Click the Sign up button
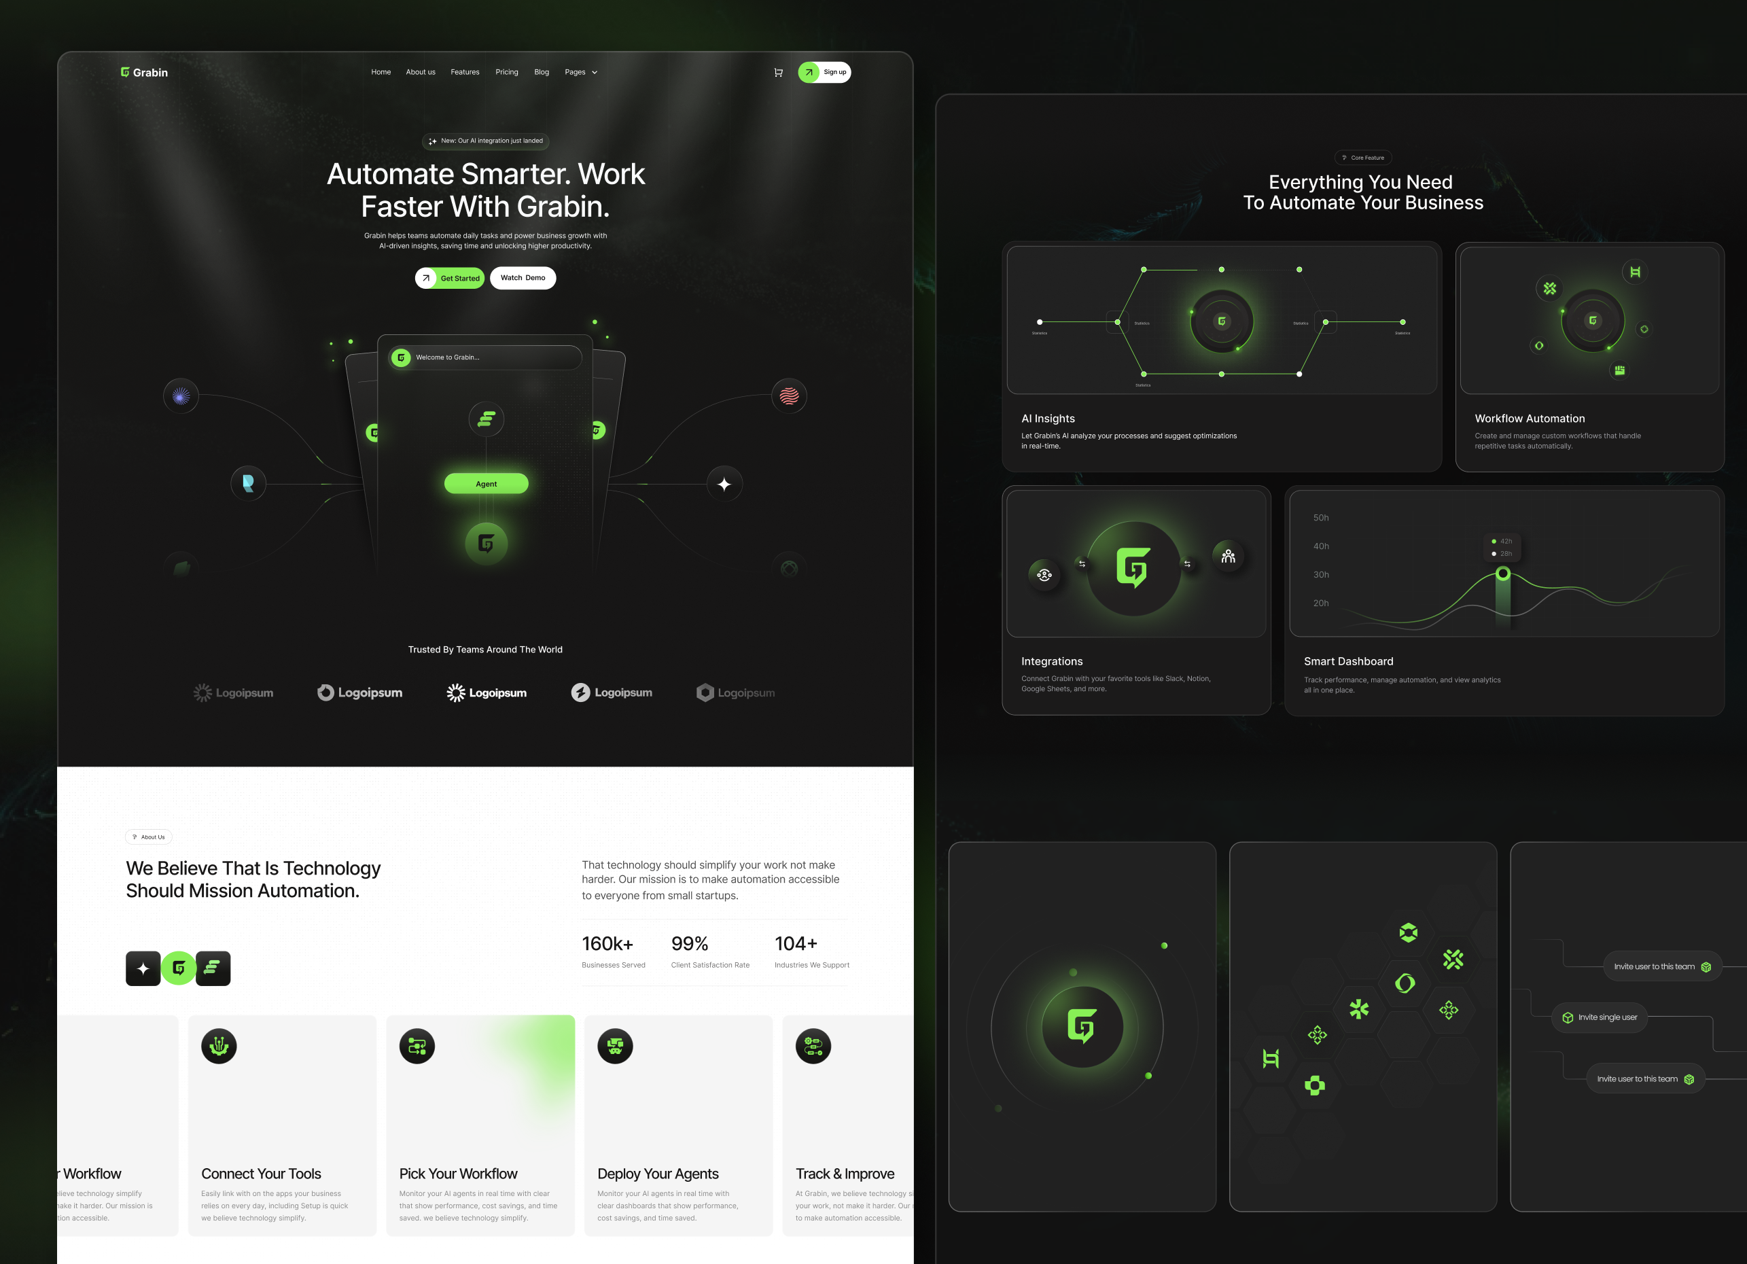coord(824,73)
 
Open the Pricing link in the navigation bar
coord(507,73)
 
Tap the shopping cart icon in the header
coord(778,73)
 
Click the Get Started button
coord(450,278)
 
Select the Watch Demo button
coord(523,278)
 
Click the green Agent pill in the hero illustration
coord(486,484)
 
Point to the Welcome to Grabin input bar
coord(485,357)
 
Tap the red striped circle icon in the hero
coord(789,396)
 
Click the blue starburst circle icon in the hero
coord(181,396)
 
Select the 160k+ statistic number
coord(607,943)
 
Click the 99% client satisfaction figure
coord(690,943)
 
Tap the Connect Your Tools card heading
coord(261,1174)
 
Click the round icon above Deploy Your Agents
coord(615,1046)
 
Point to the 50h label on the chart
coord(1321,518)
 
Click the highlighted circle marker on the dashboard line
coord(1503,574)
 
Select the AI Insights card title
coord(1048,418)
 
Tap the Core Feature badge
coord(1362,158)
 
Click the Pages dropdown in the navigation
coord(581,73)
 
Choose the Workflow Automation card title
coord(1530,418)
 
